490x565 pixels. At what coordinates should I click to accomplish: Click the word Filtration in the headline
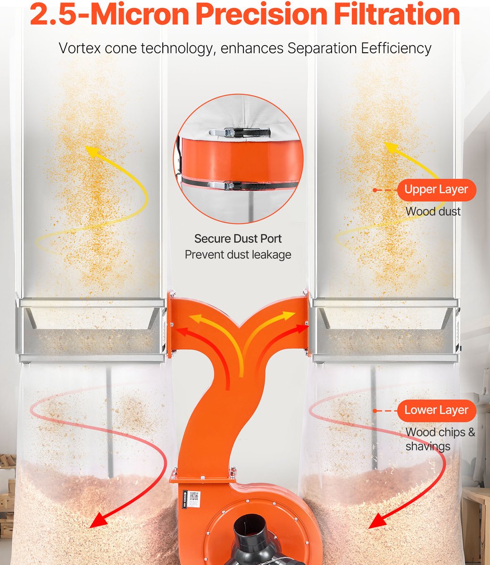tap(397, 14)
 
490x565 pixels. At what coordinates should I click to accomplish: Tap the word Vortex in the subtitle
tap(79, 48)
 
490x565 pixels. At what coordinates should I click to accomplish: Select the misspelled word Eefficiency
tap(396, 48)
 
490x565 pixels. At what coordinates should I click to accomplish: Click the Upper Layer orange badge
tap(437, 190)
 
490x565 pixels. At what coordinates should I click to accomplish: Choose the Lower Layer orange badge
tap(437, 411)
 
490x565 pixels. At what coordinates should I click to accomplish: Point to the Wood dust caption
tap(433, 211)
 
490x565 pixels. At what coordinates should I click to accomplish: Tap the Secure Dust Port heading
tap(238, 239)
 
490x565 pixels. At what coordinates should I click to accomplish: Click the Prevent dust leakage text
tap(238, 255)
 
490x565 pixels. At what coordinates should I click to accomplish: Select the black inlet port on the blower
tap(252, 540)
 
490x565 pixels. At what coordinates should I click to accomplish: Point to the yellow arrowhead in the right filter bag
tap(390, 147)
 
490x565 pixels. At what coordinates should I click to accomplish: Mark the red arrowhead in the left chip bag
tap(99, 520)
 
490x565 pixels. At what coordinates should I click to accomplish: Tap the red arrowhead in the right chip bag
tap(377, 521)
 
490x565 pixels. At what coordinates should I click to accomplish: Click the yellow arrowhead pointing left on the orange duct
tap(194, 318)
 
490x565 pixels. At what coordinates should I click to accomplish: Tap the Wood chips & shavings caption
tap(440, 440)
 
